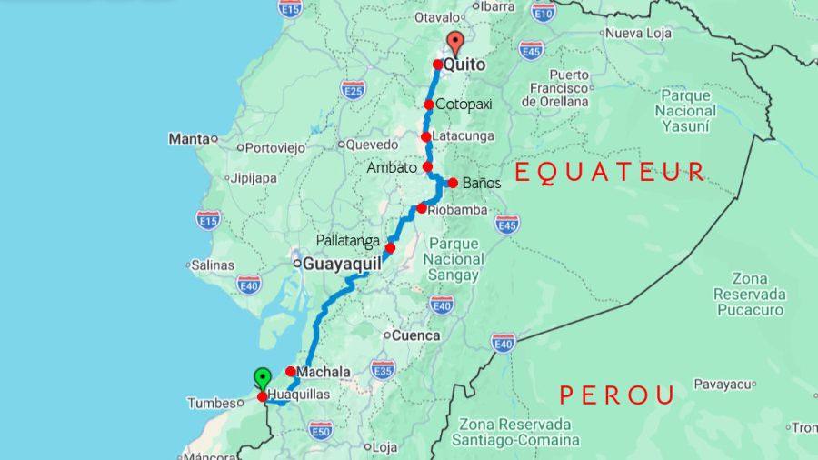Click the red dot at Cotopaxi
point(429,105)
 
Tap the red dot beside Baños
point(453,183)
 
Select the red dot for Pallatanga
point(390,248)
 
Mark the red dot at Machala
point(290,371)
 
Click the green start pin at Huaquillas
point(262,378)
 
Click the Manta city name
point(188,139)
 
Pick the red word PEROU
point(617,395)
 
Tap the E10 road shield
point(544,12)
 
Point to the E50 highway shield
point(320,429)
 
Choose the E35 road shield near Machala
point(384,371)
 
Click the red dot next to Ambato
point(427,167)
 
